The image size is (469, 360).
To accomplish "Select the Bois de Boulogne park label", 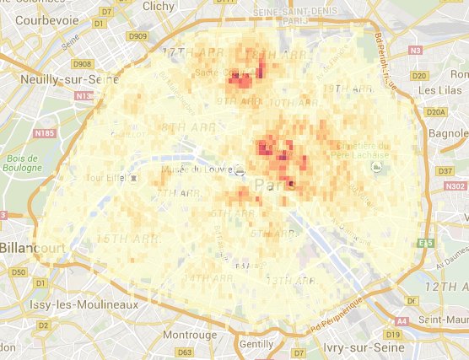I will [x=21, y=164].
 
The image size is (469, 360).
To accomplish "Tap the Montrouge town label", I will [x=190, y=334].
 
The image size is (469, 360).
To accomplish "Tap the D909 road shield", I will [x=137, y=37].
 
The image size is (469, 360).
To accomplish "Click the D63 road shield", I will [x=186, y=352].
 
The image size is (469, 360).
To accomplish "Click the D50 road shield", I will [x=19, y=272].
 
